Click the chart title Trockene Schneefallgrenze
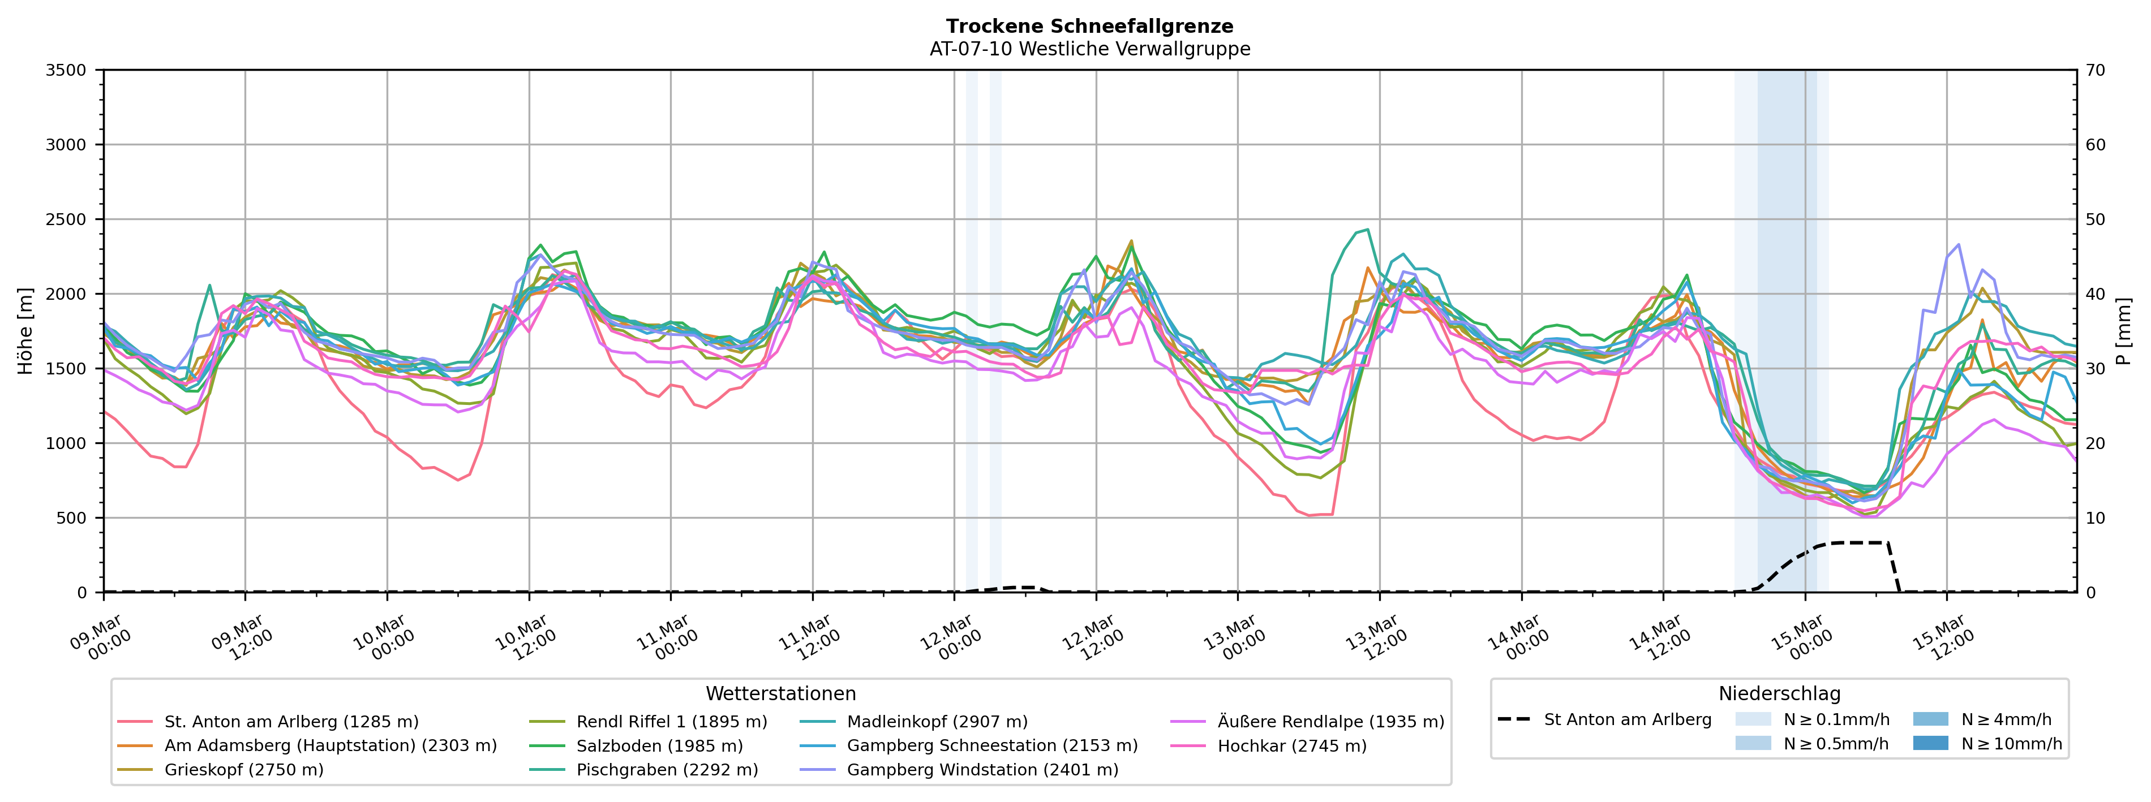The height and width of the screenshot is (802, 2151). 1090,27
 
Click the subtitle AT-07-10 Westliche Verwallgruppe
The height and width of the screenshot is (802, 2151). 1090,49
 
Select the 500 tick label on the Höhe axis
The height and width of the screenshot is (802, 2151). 71,518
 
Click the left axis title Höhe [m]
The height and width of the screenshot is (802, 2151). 26,331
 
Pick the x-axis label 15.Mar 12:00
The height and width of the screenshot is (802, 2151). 1943,639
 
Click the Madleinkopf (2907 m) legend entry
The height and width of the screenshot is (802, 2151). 937,722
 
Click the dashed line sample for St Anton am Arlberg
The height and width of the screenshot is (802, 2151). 1514,719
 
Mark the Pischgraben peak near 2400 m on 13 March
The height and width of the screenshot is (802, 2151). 1367,230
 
